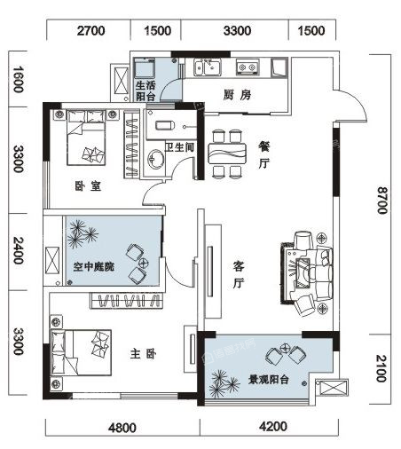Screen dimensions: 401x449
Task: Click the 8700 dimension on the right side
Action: pyautogui.click(x=382, y=201)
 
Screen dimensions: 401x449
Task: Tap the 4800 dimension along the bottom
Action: pyautogui.click(x=122, y=428)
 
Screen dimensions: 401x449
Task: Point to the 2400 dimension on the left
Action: pyautogui.click(x=19, y=250)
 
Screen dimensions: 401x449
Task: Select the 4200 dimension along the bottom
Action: pyautogui.click(x=273, y=426)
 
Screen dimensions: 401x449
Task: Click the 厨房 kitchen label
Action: pyautogui.click(x=237, y=95)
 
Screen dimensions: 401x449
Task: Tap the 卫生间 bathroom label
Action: pyautogui.click(x=179, y=147)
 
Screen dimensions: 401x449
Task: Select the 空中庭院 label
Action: pyautogui.click(x=93, y=266)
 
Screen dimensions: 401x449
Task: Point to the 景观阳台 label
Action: pyautogui.click(x=268, y=379)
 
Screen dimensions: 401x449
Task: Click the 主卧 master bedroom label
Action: pyautogui.click(x=143, y=354)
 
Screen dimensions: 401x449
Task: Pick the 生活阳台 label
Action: pyautogui.click(x=145, y=91)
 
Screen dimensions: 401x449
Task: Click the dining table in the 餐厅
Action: pyautogui.click(x=227, y=154)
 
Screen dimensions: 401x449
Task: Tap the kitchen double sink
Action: pyautogui.click(x=208, y=67)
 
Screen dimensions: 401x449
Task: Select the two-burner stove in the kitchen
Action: pyautogui.click(x=248, y=67)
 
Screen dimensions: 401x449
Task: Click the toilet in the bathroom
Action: pyautogui.click(x=164, y=126)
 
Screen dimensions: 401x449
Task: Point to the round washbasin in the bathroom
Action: pyautogui.click(x=155, y=159)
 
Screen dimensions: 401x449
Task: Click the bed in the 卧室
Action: pyautogui.click(x=86, y=138)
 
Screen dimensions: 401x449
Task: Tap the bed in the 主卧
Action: pyautogui.click(x=81, y=352)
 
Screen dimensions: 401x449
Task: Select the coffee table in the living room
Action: pyautogui.click(x=303, y=273)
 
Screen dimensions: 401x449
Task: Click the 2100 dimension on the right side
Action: pyautogui.click(x=381, y=368)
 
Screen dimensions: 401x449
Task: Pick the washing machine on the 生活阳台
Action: pyautogui.click(x=145, y=68)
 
